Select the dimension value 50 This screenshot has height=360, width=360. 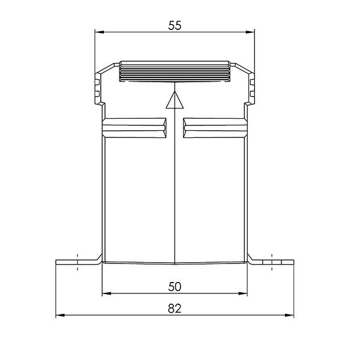click(x=175, y=287)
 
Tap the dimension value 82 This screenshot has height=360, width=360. click(x=175, y=308)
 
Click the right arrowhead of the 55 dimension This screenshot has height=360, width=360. click(x=251, y=32)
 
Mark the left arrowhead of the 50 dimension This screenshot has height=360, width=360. click(x=106, y=294)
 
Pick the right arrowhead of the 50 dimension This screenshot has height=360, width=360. click(x=243, y=294)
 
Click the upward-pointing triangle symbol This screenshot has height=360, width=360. click(x=174, y=101)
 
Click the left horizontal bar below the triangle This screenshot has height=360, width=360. click(x=134, y=127)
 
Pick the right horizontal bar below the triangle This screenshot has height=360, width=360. click(x=214, y=127)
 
